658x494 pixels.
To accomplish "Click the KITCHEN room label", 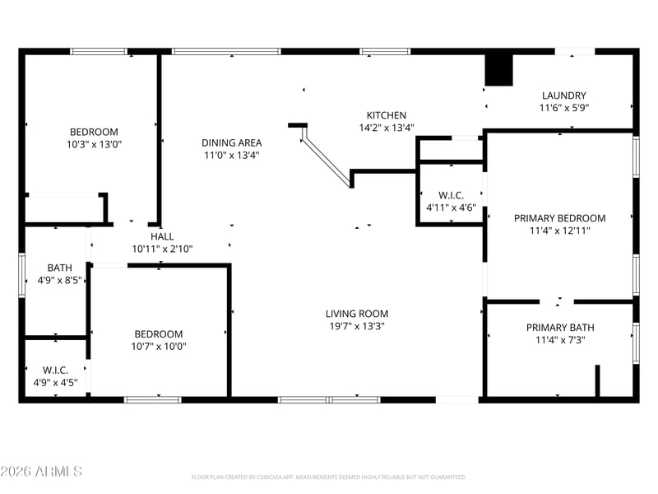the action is pos(386,115).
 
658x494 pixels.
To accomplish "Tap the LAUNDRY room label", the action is pos(563,96).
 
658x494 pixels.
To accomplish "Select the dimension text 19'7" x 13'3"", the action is pos(357,326).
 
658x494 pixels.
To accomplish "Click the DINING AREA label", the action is pos(232,142).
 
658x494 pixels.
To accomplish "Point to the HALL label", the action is pos(162,236).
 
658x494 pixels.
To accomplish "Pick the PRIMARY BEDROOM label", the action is pos(560,218).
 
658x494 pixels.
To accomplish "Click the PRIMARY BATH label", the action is pos(560,327).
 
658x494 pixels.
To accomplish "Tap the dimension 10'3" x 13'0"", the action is pos(94,145).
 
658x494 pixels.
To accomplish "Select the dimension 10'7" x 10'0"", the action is pos(159,347).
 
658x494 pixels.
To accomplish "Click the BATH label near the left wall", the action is pos(59,268).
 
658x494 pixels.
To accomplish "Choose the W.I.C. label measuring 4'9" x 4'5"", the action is pos(55,370).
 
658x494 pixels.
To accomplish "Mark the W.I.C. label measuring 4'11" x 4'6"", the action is pos(451,195).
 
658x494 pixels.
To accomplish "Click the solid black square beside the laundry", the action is pos(499,70).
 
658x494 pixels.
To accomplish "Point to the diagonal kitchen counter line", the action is pos(327,156).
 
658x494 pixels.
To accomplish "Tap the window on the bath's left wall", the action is pos(21,275).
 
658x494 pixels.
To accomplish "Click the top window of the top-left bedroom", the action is pos(98,52).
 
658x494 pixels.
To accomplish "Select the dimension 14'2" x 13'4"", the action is pos(387,128).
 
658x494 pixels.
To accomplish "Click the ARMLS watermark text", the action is pos(41,471).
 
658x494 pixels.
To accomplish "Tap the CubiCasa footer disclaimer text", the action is pos(328,478).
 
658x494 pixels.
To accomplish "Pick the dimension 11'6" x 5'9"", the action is pos(564,108).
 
